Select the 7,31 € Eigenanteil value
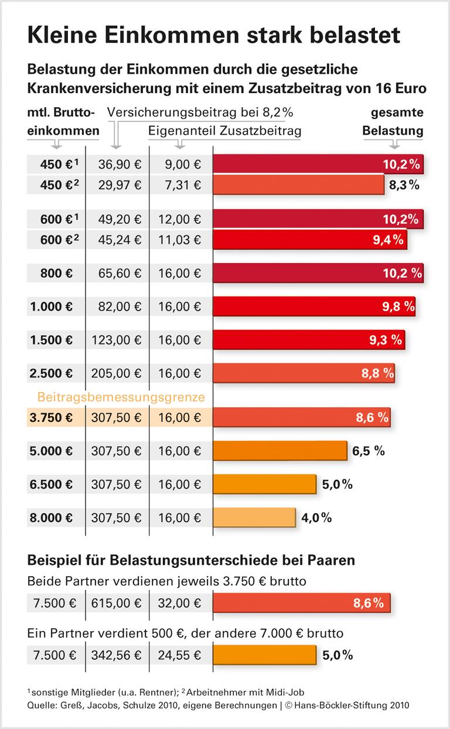[179, 185]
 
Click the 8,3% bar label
[404, 185]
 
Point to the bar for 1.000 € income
[313, 306]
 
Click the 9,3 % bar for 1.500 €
[308, 339]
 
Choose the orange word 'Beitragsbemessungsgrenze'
[121, 397]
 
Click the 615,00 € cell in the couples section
[117, 603]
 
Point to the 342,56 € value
[117, 655]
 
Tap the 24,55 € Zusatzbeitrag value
[179, 655]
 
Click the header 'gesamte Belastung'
[393, 121]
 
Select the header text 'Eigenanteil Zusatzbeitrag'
[225, 131]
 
